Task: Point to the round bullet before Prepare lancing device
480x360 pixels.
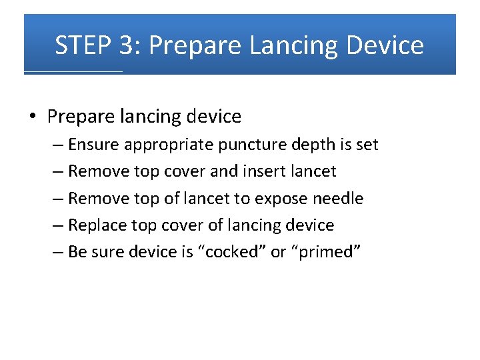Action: click(x=33, y=117)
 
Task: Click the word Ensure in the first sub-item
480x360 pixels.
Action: click(x=94, y=145)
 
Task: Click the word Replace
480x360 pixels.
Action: click(x=98, y=225)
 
